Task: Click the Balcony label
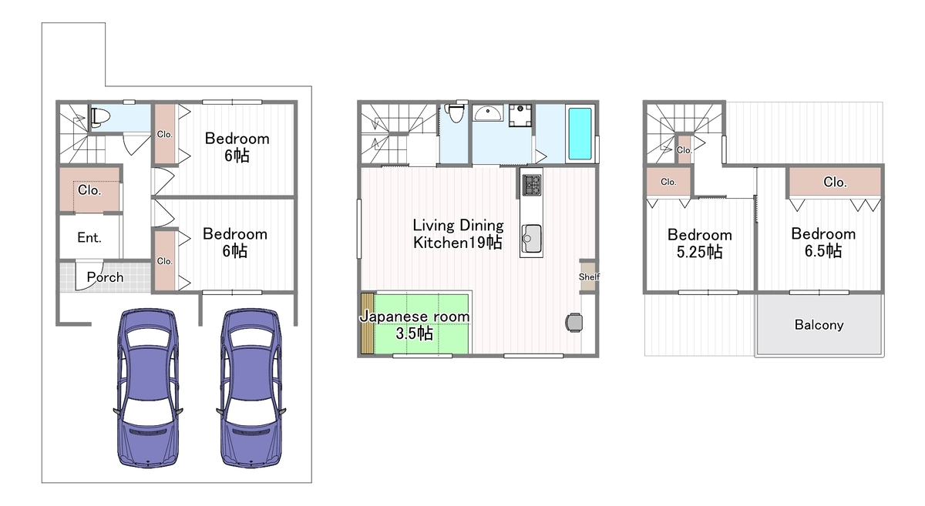[x=819, y=325]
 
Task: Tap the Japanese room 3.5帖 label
[x=415, y=325]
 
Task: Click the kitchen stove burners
[x=531, y=185]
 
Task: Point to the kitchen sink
[x=531, y=239]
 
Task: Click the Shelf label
[x=589, y=277]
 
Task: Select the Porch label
[x=106, y=277]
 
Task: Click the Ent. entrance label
[x=89, y=237]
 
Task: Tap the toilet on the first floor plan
[x=99, y=118]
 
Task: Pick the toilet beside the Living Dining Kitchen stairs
[x=455, y=113]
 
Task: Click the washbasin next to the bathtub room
[x=488, y=112]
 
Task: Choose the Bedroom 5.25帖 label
[x=700, y=243]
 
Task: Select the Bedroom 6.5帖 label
[x=823, y=243]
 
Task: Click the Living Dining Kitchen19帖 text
[x=458, y=233]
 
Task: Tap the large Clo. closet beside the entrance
[x=90, y=190]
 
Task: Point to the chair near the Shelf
[x=573, y=323]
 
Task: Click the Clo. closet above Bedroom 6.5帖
[x=835, y=182]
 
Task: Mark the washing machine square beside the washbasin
[x=520, y=115]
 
